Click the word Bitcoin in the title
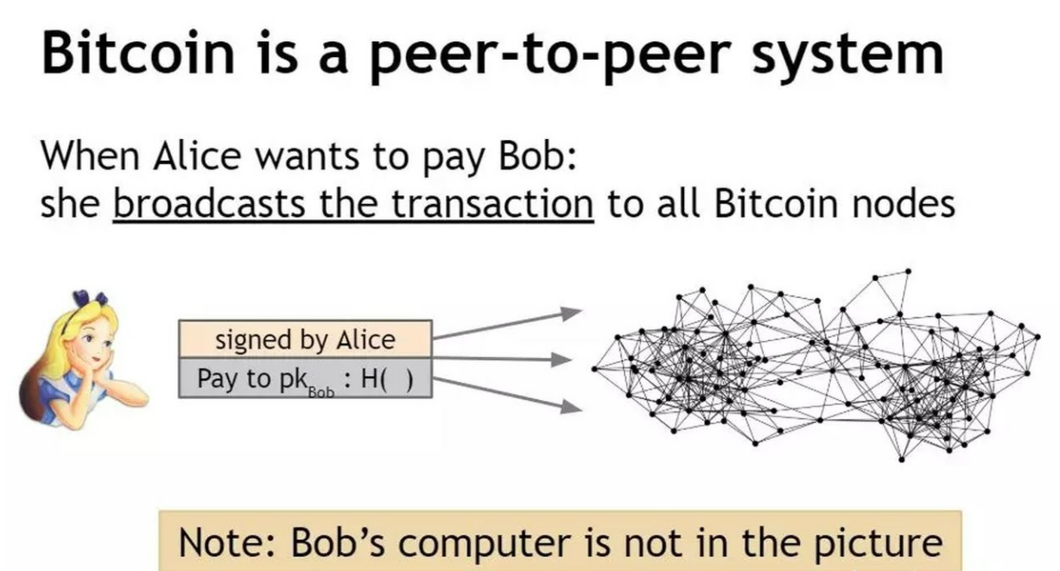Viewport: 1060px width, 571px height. click(x=138, y=52)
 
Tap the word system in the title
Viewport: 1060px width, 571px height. click(x=848, y=58)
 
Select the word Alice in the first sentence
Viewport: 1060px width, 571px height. click(x=197, y=155)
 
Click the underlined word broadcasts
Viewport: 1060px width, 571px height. click(x=209, y=203)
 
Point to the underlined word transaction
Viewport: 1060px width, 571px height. click(x=492, y=203)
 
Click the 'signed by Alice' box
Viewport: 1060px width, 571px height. click(x=305, y=339)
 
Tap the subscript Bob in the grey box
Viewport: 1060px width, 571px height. click(x=321, y=393)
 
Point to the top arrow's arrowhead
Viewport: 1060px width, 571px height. click(x=571, y=314)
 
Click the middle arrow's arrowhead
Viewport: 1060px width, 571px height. click(x=562, y=359)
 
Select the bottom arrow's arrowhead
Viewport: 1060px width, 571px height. click(x=571, y=406)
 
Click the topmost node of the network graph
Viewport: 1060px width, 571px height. click(x=908, y=271)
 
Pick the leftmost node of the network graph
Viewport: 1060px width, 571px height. click(x=594, y=369)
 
